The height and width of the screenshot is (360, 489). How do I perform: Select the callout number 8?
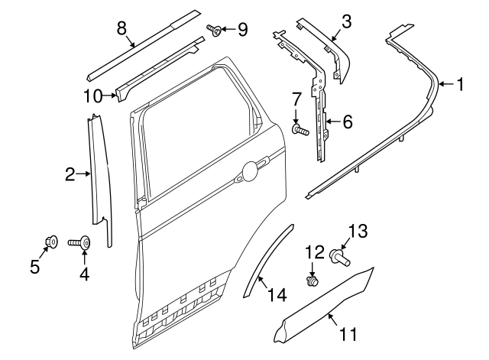tap(121, 28)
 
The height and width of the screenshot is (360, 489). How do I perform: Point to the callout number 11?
tap(348, 333)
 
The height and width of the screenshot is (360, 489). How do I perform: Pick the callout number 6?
tap(347, 122)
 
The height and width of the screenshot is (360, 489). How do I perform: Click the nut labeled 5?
tap(52, 242)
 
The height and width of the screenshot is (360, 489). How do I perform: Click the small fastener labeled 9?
tap(216, 31)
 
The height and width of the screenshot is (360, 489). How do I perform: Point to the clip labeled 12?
tap(312, 281)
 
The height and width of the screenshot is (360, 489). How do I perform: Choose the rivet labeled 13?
tap(339, 258)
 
